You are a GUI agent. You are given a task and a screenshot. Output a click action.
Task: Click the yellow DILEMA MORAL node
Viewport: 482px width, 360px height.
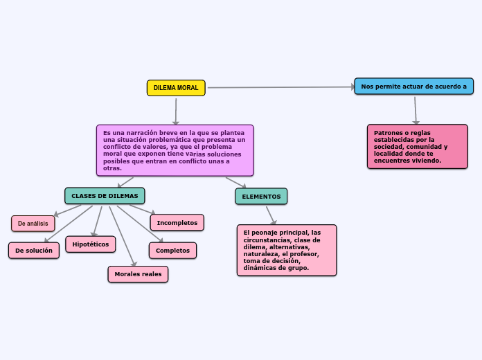tap(176, 88)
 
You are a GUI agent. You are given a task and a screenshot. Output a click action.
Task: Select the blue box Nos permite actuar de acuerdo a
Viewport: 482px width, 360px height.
tap(414, 87)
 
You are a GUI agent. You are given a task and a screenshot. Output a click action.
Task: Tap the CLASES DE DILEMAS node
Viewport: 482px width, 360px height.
tap(105, 196)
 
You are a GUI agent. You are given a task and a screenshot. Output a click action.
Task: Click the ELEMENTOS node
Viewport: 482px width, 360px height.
tap(261, 197)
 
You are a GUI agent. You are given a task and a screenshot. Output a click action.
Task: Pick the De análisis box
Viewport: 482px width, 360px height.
tap(33, 224)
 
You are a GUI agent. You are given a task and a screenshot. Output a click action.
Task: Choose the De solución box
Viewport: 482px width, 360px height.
tap(34, 251)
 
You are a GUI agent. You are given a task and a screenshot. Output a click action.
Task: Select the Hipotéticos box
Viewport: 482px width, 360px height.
tap(91, 244)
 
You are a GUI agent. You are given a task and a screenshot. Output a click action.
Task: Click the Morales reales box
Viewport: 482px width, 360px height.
tap(138, 274)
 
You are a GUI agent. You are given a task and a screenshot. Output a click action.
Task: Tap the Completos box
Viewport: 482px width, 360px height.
tap(172, 251)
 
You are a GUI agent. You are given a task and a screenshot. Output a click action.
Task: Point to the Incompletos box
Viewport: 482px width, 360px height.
tap(177, 223)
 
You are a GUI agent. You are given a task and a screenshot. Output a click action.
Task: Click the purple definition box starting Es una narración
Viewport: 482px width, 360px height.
tap(175, 150)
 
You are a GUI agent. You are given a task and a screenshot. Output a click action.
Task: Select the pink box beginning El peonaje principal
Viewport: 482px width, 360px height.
tap(287, 250)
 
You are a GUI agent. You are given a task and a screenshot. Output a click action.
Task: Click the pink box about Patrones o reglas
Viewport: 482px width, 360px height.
tap(418, 146)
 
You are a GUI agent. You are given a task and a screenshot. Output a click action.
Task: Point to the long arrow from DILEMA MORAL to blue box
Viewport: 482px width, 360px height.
tap(280, 87)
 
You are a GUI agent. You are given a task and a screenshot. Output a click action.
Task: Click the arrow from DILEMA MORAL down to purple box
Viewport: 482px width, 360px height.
tap(176, 111)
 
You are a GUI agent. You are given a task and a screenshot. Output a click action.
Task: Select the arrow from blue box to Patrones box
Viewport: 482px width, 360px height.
tap(416, 109)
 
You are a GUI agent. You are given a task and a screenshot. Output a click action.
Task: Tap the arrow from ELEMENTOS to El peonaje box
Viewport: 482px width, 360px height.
tap(271, 215)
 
